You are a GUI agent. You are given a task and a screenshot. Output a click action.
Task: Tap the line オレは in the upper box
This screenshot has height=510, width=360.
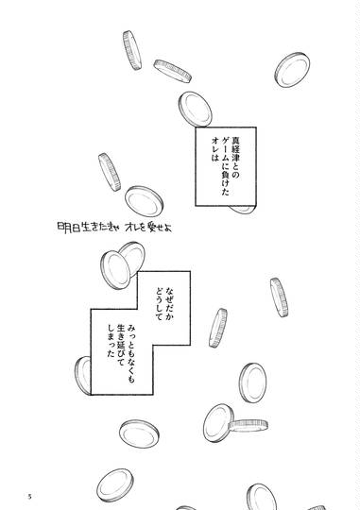214,149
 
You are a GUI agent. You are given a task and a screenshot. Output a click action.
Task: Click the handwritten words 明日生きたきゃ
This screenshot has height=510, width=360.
89,228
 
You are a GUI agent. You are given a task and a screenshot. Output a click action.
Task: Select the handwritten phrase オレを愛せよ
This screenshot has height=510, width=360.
148,228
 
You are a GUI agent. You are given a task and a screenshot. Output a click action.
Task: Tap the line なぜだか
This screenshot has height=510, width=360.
169,305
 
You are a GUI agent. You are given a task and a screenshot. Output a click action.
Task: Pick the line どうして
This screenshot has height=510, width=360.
159,304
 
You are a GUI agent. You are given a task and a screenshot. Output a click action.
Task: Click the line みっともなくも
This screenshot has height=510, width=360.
131,353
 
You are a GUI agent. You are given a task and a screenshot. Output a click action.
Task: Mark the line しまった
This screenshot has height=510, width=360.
111,341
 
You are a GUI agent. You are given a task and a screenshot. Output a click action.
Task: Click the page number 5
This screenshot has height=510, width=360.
29,497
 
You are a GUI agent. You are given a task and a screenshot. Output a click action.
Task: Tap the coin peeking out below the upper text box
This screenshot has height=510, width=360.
242,210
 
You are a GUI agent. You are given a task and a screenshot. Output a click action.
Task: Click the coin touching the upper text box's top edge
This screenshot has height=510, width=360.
195,110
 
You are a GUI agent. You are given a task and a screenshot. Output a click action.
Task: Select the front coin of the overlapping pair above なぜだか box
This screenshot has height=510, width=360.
115,270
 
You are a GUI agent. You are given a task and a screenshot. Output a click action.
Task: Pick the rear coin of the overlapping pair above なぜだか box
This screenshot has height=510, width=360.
133,258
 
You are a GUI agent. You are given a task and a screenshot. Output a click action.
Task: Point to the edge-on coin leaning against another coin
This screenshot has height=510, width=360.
248,425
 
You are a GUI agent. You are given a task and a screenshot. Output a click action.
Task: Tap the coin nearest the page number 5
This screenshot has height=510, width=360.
115,485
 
